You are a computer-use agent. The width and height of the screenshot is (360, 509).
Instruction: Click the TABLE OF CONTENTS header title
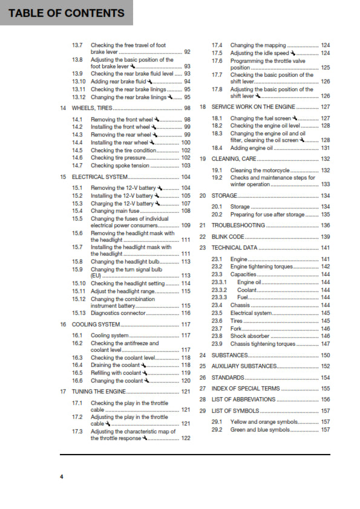pos(67,13)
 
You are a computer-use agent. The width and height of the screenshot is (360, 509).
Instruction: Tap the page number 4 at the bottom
pos(61,477)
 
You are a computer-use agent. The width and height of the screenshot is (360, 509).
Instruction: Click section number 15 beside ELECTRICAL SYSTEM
pos(64,177)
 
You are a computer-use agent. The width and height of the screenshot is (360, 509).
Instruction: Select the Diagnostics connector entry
pos(119,313)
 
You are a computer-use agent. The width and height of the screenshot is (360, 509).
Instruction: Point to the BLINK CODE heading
pos(228,236)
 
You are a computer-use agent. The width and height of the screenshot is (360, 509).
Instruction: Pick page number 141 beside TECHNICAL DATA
pos(325,248)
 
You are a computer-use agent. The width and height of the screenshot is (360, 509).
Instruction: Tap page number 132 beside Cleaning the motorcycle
pos(325,170)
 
